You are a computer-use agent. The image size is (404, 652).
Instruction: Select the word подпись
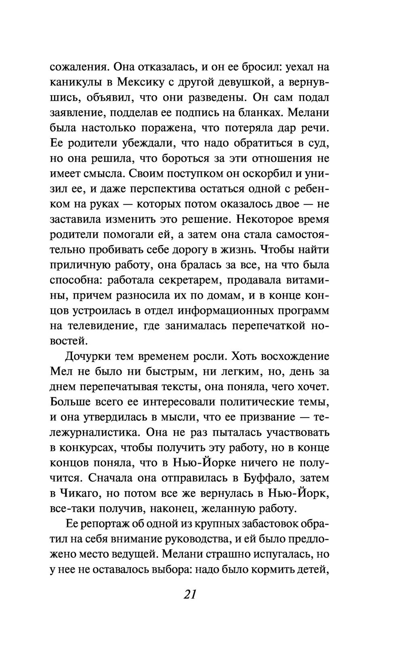(200, 113)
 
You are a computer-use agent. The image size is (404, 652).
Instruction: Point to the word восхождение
(296, 357)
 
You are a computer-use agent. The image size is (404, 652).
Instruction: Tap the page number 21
(189, 594)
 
